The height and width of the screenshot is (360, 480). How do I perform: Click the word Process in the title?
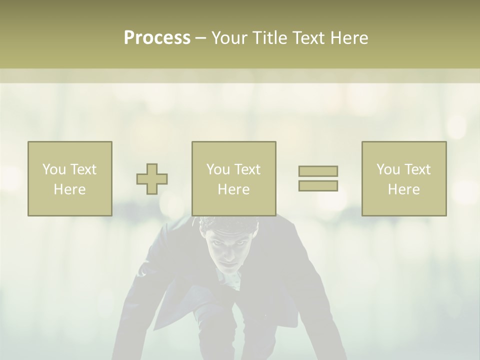157,38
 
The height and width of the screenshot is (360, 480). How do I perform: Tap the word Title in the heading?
269,38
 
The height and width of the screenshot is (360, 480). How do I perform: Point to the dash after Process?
200,38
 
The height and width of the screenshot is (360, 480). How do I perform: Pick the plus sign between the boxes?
152,179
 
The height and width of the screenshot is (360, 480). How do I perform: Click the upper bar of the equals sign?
318,171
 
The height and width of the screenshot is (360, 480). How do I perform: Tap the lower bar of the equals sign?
318,186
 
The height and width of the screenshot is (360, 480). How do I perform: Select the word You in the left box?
54,169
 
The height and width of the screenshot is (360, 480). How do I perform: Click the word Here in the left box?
69,189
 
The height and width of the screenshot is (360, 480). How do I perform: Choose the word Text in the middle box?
247,169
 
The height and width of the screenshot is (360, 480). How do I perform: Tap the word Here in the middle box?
233,189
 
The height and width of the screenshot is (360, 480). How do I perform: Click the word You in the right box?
388,169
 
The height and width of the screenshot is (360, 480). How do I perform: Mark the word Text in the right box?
417,169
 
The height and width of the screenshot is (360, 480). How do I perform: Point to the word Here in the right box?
403,189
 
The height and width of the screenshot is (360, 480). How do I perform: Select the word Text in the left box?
83,169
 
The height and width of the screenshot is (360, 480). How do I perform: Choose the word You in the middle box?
218,169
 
